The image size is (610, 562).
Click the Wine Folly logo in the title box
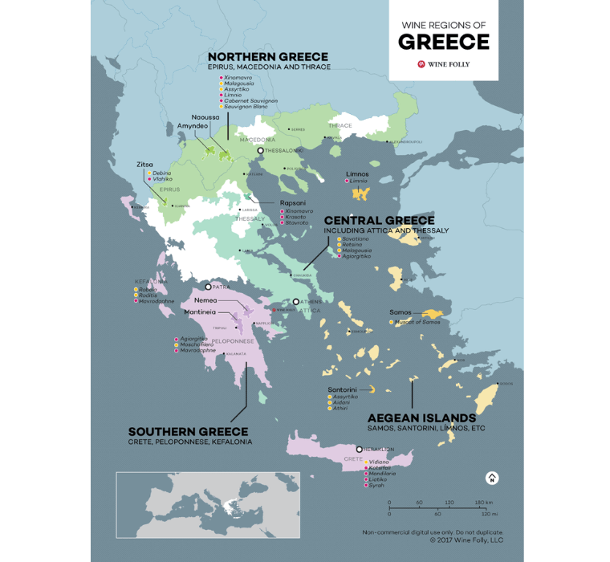[x=443, y=63]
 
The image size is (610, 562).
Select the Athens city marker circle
[x=296, y=302]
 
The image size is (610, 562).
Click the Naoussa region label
[x=205, y=117]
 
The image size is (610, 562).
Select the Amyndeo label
[x=193, y=126]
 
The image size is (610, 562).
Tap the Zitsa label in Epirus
[x=144, y=164]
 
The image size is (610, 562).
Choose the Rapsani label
[x=292, y=203]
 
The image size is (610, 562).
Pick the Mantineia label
[x=199, y=311]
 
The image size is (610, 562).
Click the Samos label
[x=401, y=312]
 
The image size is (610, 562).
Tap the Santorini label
[x=342, y=389]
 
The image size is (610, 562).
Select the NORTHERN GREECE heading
[x=267, y=57]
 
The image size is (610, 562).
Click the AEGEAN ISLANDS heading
[x=421, y=418]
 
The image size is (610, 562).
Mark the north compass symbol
[x=492, y=478]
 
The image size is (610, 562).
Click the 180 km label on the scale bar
[x=482, y=503]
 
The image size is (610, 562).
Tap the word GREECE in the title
[x=443, y=42]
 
